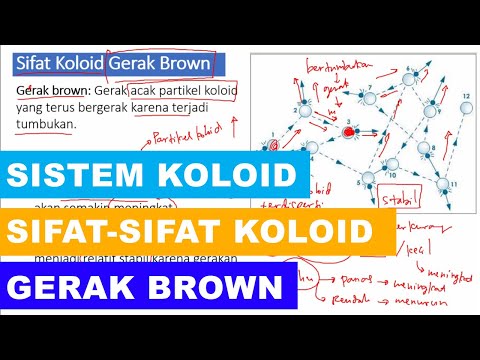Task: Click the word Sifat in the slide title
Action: point(37,64)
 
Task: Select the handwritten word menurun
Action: point(441,322)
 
